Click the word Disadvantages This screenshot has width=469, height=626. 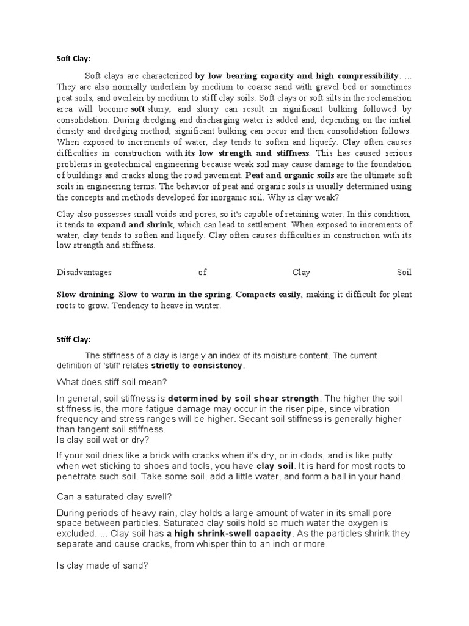pyautogui.click(x=84, y=272)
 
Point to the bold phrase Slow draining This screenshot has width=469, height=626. pyautogui.click(x=85, y=295)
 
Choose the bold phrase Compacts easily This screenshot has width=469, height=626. pyautogui.click(x=268, y=295)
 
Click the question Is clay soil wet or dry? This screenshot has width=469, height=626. pyautogui.click(x=103, y=440)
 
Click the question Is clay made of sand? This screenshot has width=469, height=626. pyautogui.click(x=102, y=565)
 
